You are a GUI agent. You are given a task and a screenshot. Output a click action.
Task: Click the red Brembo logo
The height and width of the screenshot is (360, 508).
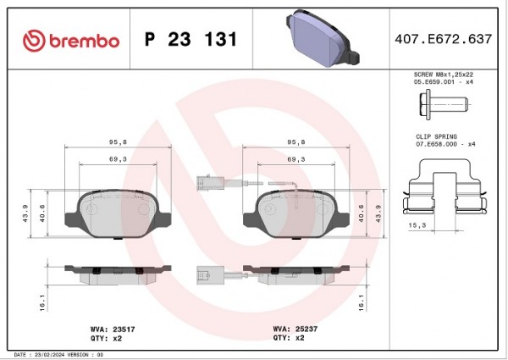point(71,41)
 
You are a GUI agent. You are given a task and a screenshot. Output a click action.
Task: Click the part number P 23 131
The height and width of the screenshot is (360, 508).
point(190,39)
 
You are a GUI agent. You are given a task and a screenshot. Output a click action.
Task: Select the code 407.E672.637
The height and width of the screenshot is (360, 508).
point(443,39)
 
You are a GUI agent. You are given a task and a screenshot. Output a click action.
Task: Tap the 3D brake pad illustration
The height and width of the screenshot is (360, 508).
point(323,38)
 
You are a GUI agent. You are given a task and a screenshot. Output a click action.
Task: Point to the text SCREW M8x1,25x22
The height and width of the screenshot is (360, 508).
point(444,75)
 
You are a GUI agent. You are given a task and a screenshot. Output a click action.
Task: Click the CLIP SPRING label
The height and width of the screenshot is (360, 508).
point(436,136)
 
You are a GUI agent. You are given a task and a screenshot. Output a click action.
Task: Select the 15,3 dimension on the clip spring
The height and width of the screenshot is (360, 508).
point(417,225)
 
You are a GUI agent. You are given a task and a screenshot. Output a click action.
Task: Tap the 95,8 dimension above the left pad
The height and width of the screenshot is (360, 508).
point(118,142)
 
